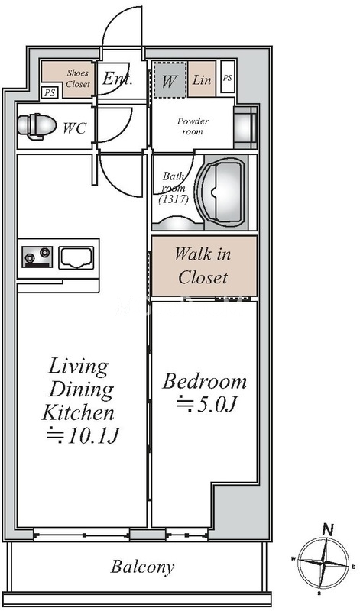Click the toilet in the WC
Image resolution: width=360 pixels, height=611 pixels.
[x=36, y=126]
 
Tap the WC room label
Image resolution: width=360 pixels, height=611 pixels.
[x=74, y=128]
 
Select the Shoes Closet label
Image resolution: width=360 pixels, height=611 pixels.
[x=78, y=78]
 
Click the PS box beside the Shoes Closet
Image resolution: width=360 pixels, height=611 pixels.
[x=49, y=93]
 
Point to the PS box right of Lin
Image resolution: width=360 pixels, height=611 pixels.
[x=228, y=77]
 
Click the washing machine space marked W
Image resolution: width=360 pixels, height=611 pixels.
[x=169, y=80]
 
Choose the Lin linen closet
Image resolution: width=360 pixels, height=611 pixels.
[x=202, y=79]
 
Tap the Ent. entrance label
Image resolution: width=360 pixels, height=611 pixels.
[x=118, y=79]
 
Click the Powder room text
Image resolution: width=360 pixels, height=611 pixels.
[x=193, y=126]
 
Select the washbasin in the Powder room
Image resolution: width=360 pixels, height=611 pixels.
[x=245, y=127]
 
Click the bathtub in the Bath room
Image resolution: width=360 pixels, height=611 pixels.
[x=222, y=192]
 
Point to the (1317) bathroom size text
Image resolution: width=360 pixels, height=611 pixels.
[x=174, y=199]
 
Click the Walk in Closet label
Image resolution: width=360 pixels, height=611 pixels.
[x=203, y=266]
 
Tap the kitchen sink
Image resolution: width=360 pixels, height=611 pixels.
[x=76, y=257]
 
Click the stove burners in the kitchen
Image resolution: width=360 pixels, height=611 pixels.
[x=37, y=257]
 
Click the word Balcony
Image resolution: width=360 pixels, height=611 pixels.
[x=142, y=567]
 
